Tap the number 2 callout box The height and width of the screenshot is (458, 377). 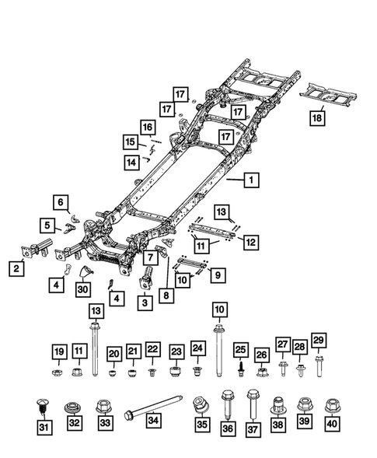(x=16, y=268)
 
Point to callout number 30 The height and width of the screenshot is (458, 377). (x=82, y=288)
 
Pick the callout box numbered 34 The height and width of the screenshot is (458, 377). (x=153, y=424)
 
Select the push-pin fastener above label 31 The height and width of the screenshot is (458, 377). (x=44, y=404)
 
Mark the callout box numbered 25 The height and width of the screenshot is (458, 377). (x=241, y=349)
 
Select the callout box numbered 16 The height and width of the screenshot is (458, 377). (x=148, y=127)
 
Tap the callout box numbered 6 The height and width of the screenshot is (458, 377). (x=60, y=201)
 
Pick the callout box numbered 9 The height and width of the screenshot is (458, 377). (x=218, y=273)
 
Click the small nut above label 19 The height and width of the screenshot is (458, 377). (x=59, y=372)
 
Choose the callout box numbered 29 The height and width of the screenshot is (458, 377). (x=318, y=340)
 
